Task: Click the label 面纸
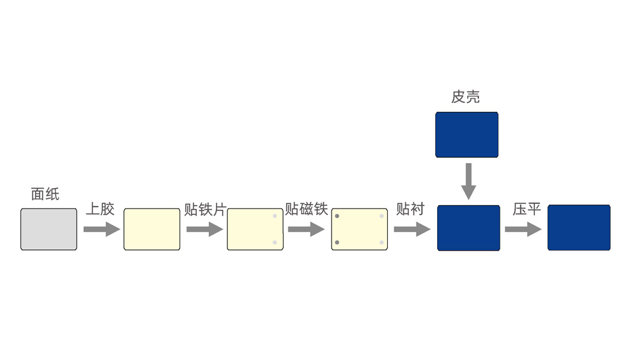(45, 194)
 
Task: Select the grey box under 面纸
(49, 229)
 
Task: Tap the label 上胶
(100, 209)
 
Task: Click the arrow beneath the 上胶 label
(101, 229)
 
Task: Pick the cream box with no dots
(151, 229)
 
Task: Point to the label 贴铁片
(204, 209)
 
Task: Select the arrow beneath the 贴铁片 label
(204, 229)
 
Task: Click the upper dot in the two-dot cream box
(275, 216)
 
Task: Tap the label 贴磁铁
(306, 209)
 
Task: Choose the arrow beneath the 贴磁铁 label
(307, 229)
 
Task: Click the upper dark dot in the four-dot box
(337, 216)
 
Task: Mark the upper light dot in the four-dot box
(381, 216)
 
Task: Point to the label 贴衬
(410, 209)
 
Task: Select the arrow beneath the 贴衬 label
(412, 229)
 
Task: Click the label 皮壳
(466, 97)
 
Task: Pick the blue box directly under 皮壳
(466, 134)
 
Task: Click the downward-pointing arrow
(468, 181)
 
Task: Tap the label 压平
(527, 209)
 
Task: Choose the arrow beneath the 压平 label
(523, 229)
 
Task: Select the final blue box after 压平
(579, 228)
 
